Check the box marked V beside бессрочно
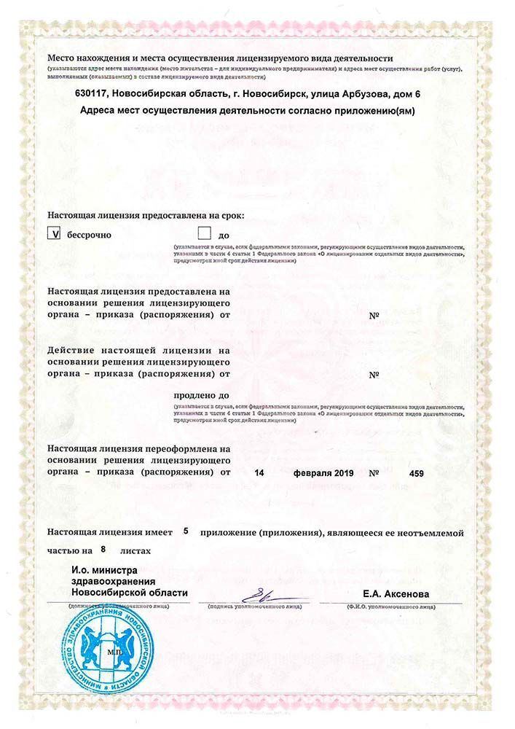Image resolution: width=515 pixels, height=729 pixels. pyautogui.click(x=54, y=235)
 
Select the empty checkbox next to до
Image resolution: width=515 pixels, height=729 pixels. pyautogui.click(x=204, y=235)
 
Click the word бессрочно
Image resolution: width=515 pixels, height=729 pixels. pyautogui.click(x=90, y=235)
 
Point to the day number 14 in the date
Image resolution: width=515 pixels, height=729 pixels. pyautogui.click(x=259, y=473)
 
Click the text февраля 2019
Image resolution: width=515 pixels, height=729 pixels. pyautogui.click(x=323, y=473)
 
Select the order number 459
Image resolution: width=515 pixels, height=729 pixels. pyautogui.click(x=417, y=473)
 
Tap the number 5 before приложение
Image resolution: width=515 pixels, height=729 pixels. pyautogui.click(x=186, y=531)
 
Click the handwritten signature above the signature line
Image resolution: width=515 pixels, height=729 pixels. pyautogui.click(x=262, y=592)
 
